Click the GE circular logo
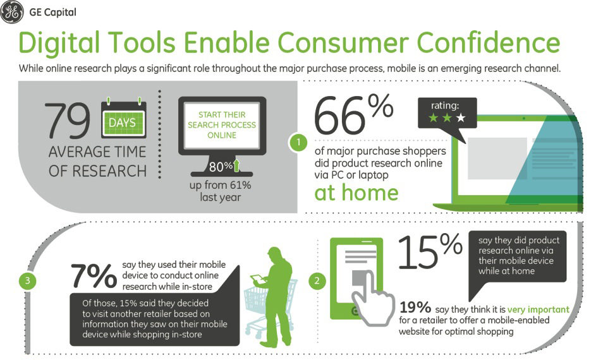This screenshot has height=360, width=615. pyautogui.click(x=11, y=12)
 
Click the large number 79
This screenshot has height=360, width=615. pyautogui.click(x=67, y=121)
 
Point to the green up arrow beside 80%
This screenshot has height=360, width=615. pyautogui.click(x=236, y=165)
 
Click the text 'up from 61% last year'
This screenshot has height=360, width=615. pyautogui.click(x=220, y=191)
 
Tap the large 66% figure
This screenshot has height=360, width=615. pyautogui.click(x=353, y=114)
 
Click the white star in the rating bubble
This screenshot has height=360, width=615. pyautogui.click(x=461, y=117)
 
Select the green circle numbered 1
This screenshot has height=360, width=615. pyautogui.click(x=298, y=142)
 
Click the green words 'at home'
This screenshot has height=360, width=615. pyautogui.click(x=356, y=193)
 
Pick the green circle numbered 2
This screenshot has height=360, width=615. pyautogui.click(x=317, y=280)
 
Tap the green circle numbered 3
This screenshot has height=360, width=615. pyautogui.click(x=27, y=280)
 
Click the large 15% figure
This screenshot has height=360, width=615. pyautogui.click(x=430, y=252)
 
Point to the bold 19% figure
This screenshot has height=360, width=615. pyautogui.click(x=415, y=308)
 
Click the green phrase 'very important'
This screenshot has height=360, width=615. pyautogui.click(x=538, y=309)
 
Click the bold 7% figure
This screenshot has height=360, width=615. pyautogui.click(x=94, y=276)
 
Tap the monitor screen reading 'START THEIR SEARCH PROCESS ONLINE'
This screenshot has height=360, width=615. pyautogui.click(x=222, y=125)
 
